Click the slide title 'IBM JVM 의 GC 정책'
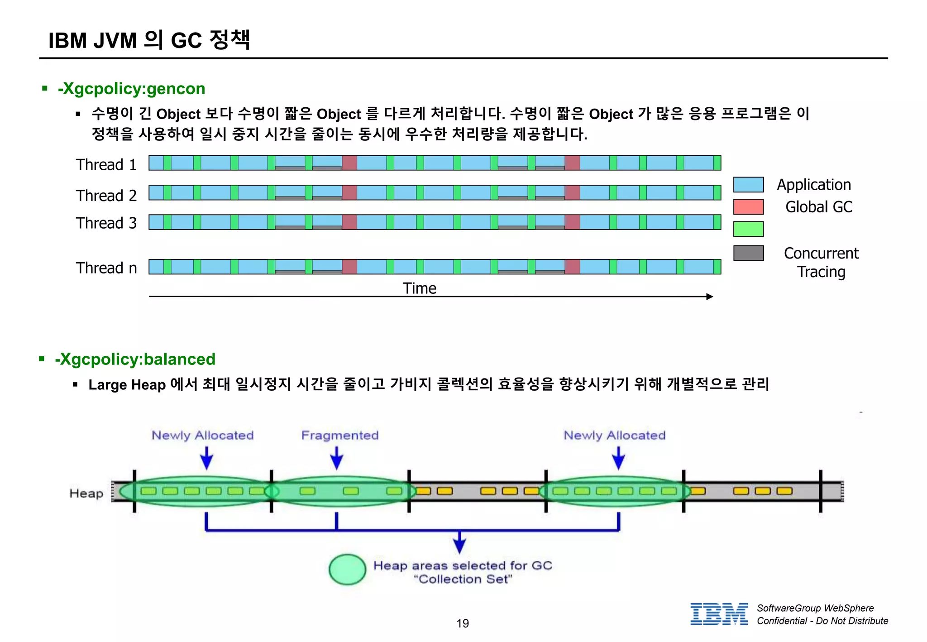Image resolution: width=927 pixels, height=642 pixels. click(x=149, y=40)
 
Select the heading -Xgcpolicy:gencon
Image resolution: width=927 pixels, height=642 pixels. click(x=131, y=89)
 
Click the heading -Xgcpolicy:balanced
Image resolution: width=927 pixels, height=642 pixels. click(x=135, y=359)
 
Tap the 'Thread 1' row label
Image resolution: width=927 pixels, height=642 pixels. click(x=106, y=164)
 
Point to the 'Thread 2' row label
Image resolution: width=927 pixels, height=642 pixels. click(x=106, y=196)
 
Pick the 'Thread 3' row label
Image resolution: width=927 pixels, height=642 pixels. click(x=106, y=223)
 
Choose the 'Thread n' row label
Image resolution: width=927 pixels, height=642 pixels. click(x=106, y=268)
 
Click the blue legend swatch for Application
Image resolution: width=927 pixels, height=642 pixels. click(x=748, y=185)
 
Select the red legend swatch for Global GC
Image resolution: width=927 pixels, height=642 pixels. click(x=748, y=207)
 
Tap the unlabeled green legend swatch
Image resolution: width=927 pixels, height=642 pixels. click(x=748, y=229)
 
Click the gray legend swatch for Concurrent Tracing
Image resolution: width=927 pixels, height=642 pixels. click(x=748, y=253)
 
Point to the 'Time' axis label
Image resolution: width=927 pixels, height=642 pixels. click(x=420, y=288)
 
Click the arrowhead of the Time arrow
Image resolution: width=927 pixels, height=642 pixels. click(x=710, y=297)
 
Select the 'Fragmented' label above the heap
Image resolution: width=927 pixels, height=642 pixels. click(x=340, y=435)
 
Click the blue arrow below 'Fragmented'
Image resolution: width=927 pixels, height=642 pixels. click(x=336, y=458)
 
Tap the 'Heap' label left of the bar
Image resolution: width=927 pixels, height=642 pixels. click(x=86, y=493)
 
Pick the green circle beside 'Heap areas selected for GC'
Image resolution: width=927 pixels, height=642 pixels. click(x=347, y=570)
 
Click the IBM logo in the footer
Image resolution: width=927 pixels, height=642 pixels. click(x=719, y=614)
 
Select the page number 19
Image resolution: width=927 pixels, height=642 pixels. click(x=463, y=623)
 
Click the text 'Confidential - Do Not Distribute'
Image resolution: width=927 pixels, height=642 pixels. click(x=822, y=621)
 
